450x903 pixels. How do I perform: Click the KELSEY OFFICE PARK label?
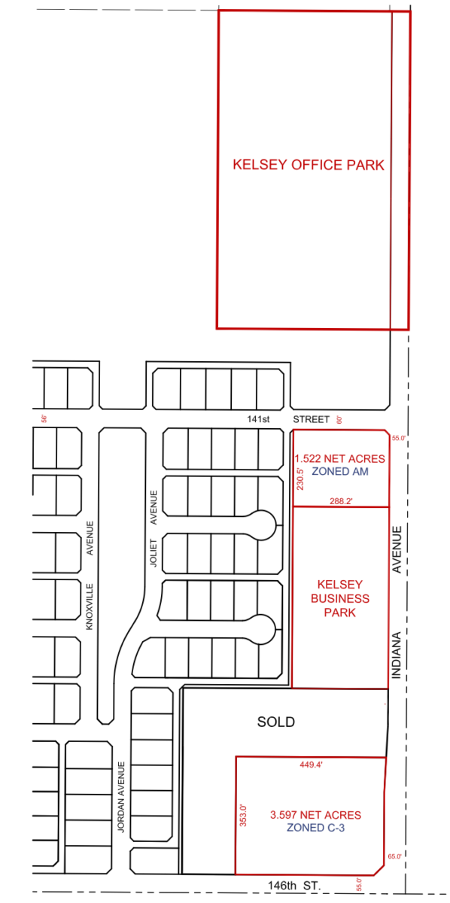click(x=309, y=165)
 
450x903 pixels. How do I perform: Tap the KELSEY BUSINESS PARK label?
click(x=340, y=598)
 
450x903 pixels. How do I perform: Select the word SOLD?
click(x=276, y=722)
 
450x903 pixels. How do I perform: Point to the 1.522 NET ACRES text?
click(x=340, y=459)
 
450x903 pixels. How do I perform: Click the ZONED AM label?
click(x=340, y=471)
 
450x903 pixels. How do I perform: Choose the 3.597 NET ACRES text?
click(x=316, y=815)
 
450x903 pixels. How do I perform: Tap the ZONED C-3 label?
click(x=316, y=828)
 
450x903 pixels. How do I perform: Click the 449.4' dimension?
click(x=311, y=765)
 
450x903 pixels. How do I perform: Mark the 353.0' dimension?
click(x=243, y=816)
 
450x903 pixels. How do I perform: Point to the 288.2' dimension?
click(x=341, y=501)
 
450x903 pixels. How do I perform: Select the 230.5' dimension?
click(x=300, y=479)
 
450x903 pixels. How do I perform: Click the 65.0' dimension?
click(x=395, y=856)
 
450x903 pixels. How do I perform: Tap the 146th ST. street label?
click(x=294, y=886)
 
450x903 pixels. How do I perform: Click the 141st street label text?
click(x=258, y=419)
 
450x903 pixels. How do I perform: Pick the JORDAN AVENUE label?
click(x=121, y=797)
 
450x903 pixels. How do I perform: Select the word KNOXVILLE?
click(x=90, y=607)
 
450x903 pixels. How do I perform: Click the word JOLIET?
click(x=154, y=552)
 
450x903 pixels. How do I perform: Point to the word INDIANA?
click(x=397, y=655)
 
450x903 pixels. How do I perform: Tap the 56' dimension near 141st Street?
click(x=44, y=418)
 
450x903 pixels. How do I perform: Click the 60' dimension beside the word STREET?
click(x=339, y=420)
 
